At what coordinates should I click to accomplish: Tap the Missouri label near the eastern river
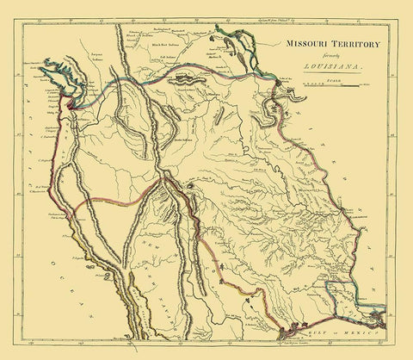coord(311,183)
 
